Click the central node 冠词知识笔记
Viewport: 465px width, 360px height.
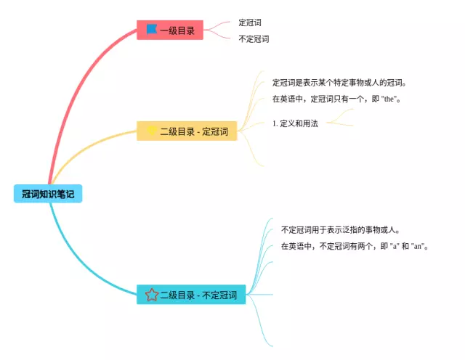pyautogui.click(x=48, y=194)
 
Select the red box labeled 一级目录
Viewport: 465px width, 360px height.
pyautogui.click(x=170, y=30)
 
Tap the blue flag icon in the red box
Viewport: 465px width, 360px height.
pyautogui.click(x=152, y=29)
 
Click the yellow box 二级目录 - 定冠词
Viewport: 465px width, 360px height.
pyautogui.click(x=187, y=131)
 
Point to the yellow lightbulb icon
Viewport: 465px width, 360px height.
pyautogui.click(x=152, y=131)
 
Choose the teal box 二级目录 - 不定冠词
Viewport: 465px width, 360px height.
pyautogui.click(x=191, y=295)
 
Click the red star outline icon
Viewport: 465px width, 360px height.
pyautogui.click(x=152, y=295)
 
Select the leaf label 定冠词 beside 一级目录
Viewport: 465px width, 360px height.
pyautogui.click(x=250, y=22)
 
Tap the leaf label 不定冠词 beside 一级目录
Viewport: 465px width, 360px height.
pyautogui.click(x=254, y=38)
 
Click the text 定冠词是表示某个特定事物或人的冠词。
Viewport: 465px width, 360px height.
pyautogui.click(x=339, y=83)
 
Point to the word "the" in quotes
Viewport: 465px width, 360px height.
pyautogui.click(x=389, y=99)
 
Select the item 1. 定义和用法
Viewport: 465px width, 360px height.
pyautogui.click(x=295, y=123)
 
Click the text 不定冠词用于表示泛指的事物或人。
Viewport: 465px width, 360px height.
pyautogui.click(x=341, y=229)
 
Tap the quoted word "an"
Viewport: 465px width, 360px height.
pyautogui.click(x=418, y=246)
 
